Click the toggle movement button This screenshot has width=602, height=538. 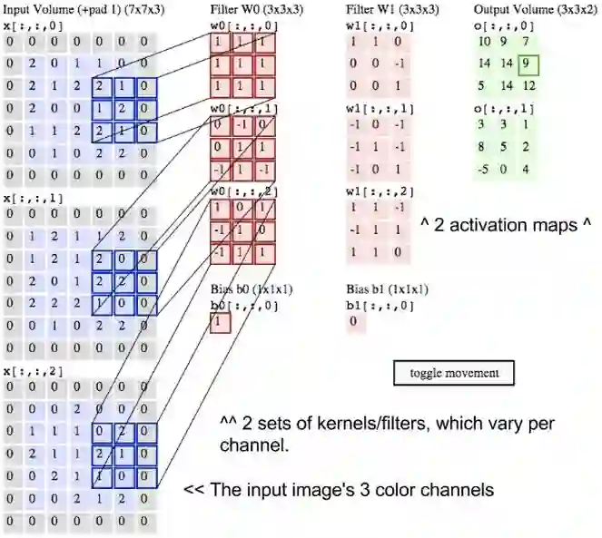[x=454, y=372]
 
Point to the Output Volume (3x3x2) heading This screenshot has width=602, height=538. [x=520, y=8]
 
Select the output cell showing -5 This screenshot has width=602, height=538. [x=484, y=169]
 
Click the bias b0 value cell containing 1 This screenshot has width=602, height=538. [x=219, y=322]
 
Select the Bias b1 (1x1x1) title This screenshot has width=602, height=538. [x=388, y=289]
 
